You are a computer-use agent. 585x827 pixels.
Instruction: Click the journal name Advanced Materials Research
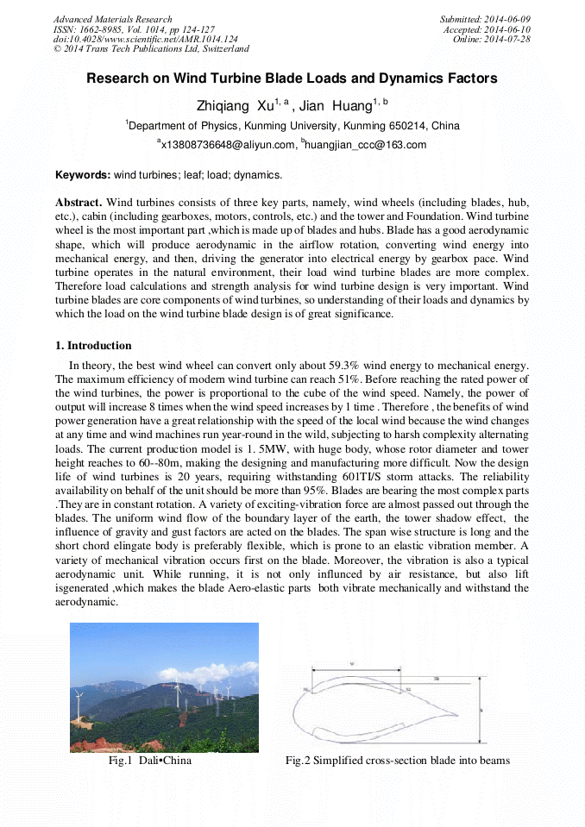pos(112,19)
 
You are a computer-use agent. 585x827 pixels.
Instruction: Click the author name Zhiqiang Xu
pos(235,105)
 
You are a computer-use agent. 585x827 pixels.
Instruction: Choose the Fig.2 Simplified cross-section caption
pos(397,761)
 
